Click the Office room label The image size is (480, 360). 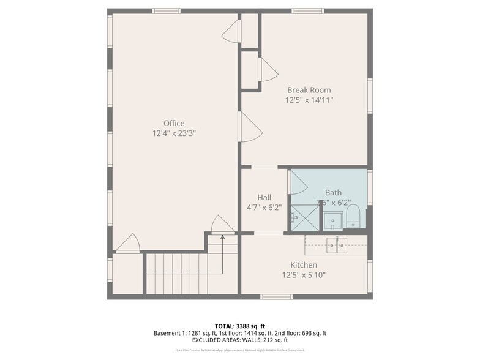[x=173, y=123]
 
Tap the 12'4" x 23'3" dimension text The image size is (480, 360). [x=173, y=133]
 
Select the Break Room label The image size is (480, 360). [x=309, y=90]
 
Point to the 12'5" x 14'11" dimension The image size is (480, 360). [x=309, y=100]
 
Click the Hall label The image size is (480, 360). [x=264, y=197]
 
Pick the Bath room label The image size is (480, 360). [x=333, y=192]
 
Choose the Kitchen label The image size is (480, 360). [x=304, y=265]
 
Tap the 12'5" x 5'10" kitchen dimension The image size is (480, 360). [x=304, y=275]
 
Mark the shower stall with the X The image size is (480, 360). [x=305, y=217]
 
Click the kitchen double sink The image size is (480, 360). [x=336, y=245]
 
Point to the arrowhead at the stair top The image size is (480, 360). [x=222, y=236]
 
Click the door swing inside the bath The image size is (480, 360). [x=298, y=182]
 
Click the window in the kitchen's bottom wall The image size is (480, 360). [x=276, y=297]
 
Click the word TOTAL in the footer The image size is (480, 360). [x=224, y=326]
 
